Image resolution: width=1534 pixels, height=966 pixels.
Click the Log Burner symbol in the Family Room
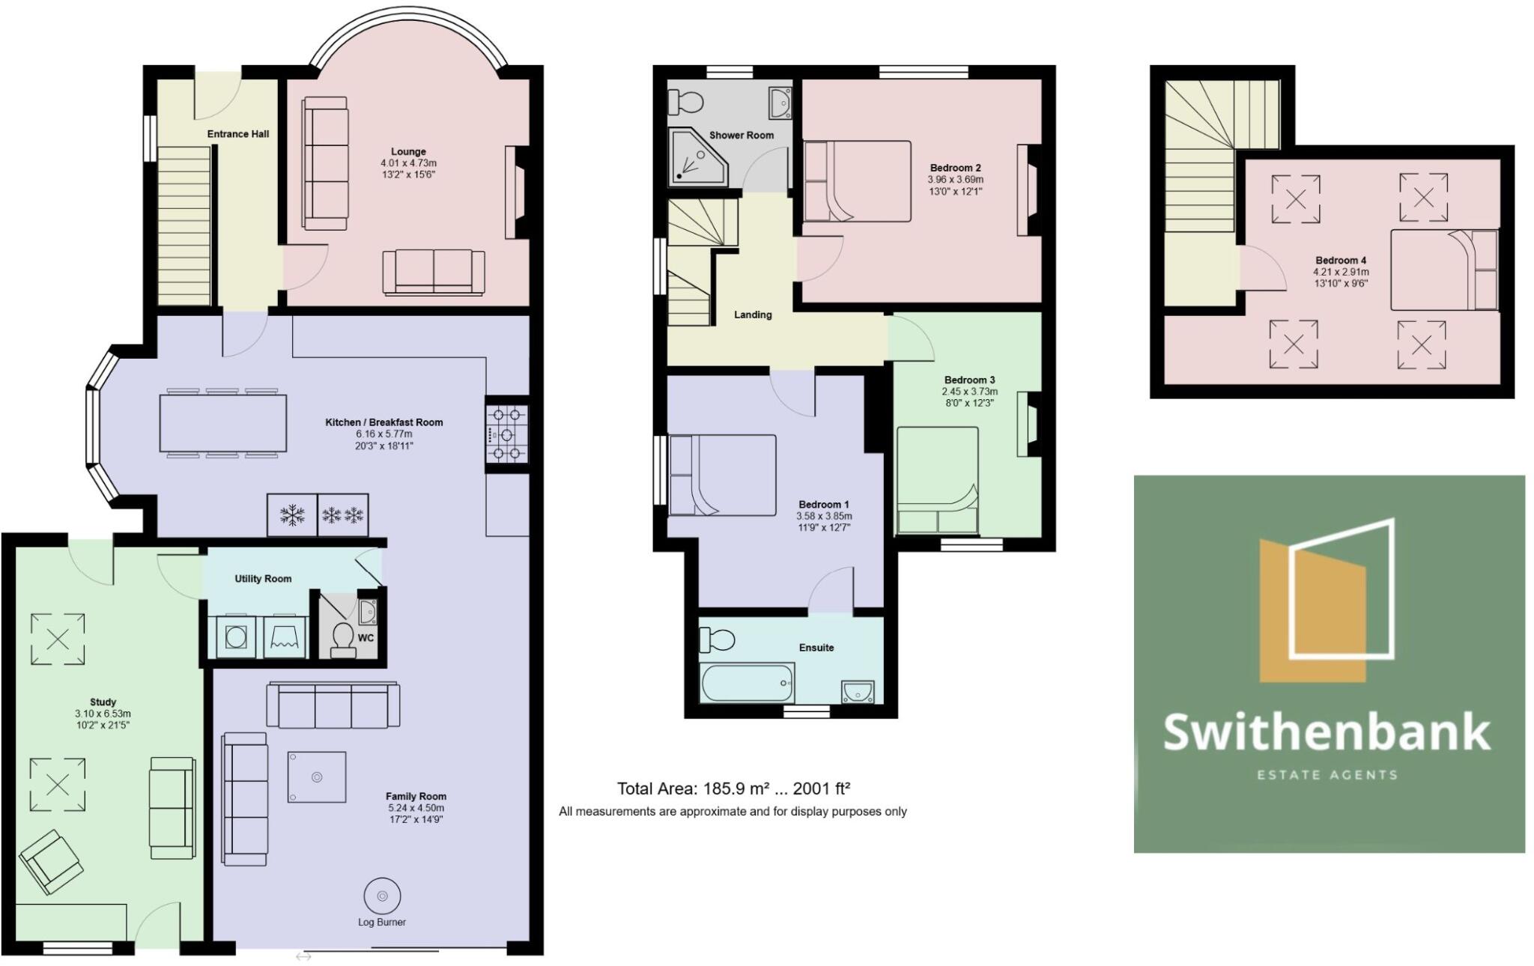pos(382,896)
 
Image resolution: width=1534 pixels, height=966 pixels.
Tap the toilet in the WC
pos(343,639)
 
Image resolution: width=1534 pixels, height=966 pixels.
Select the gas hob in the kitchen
pos(507,434)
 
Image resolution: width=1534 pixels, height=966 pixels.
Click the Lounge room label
pos(408,151)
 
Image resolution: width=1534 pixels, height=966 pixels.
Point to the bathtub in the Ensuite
pos(747,682)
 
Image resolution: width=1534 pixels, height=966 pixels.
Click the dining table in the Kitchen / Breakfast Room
pos(222,423)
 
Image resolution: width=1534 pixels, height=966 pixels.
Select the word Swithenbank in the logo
pos(1327,732)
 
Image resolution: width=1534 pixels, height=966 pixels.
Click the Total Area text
pos(733,789)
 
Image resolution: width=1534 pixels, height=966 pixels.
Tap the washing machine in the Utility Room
pos(237,637)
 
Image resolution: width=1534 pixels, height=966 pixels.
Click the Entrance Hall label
pos(238,134)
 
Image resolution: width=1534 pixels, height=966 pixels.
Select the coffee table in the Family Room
pos(317,777)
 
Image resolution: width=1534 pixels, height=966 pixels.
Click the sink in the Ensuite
pos(858,691)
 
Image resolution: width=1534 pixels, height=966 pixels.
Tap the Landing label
pos(753,315)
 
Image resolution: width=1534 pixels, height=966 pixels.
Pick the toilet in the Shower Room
pos(685,100)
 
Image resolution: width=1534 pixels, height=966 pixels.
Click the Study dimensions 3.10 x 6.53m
pos(103,714)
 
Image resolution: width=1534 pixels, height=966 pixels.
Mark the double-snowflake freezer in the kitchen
pos(343,514)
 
